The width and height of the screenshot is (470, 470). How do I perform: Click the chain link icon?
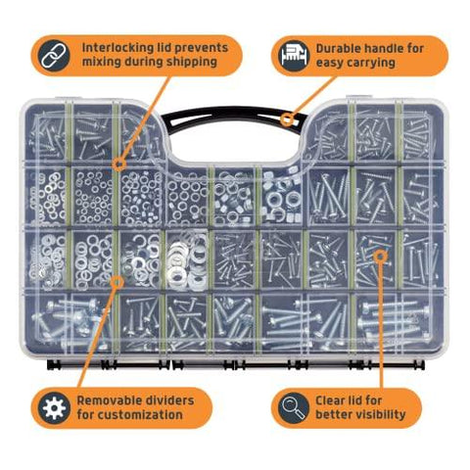(x=54, y=55)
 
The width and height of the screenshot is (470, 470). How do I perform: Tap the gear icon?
(x=54, y=408)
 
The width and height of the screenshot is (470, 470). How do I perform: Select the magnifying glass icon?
(x=294, y=408)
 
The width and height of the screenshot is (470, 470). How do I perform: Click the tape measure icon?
(x=295, y=55)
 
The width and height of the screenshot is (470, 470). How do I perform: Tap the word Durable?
(x=338, y=49)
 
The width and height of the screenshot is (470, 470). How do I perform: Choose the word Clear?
(x=332, y=400)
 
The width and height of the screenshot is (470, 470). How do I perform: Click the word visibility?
(x=375, y=415)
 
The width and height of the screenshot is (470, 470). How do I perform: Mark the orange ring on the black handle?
(x=287, y=119)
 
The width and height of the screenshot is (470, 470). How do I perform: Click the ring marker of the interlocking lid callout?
(x=119, y=164)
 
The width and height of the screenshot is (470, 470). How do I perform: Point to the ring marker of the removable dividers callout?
(x=117, y=282)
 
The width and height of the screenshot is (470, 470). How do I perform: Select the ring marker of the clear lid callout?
(x=380, y=257)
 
